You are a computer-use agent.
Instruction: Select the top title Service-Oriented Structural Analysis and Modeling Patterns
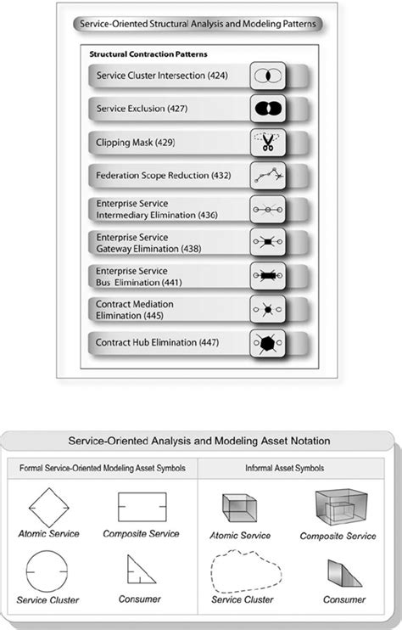(x=194, y=25)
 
